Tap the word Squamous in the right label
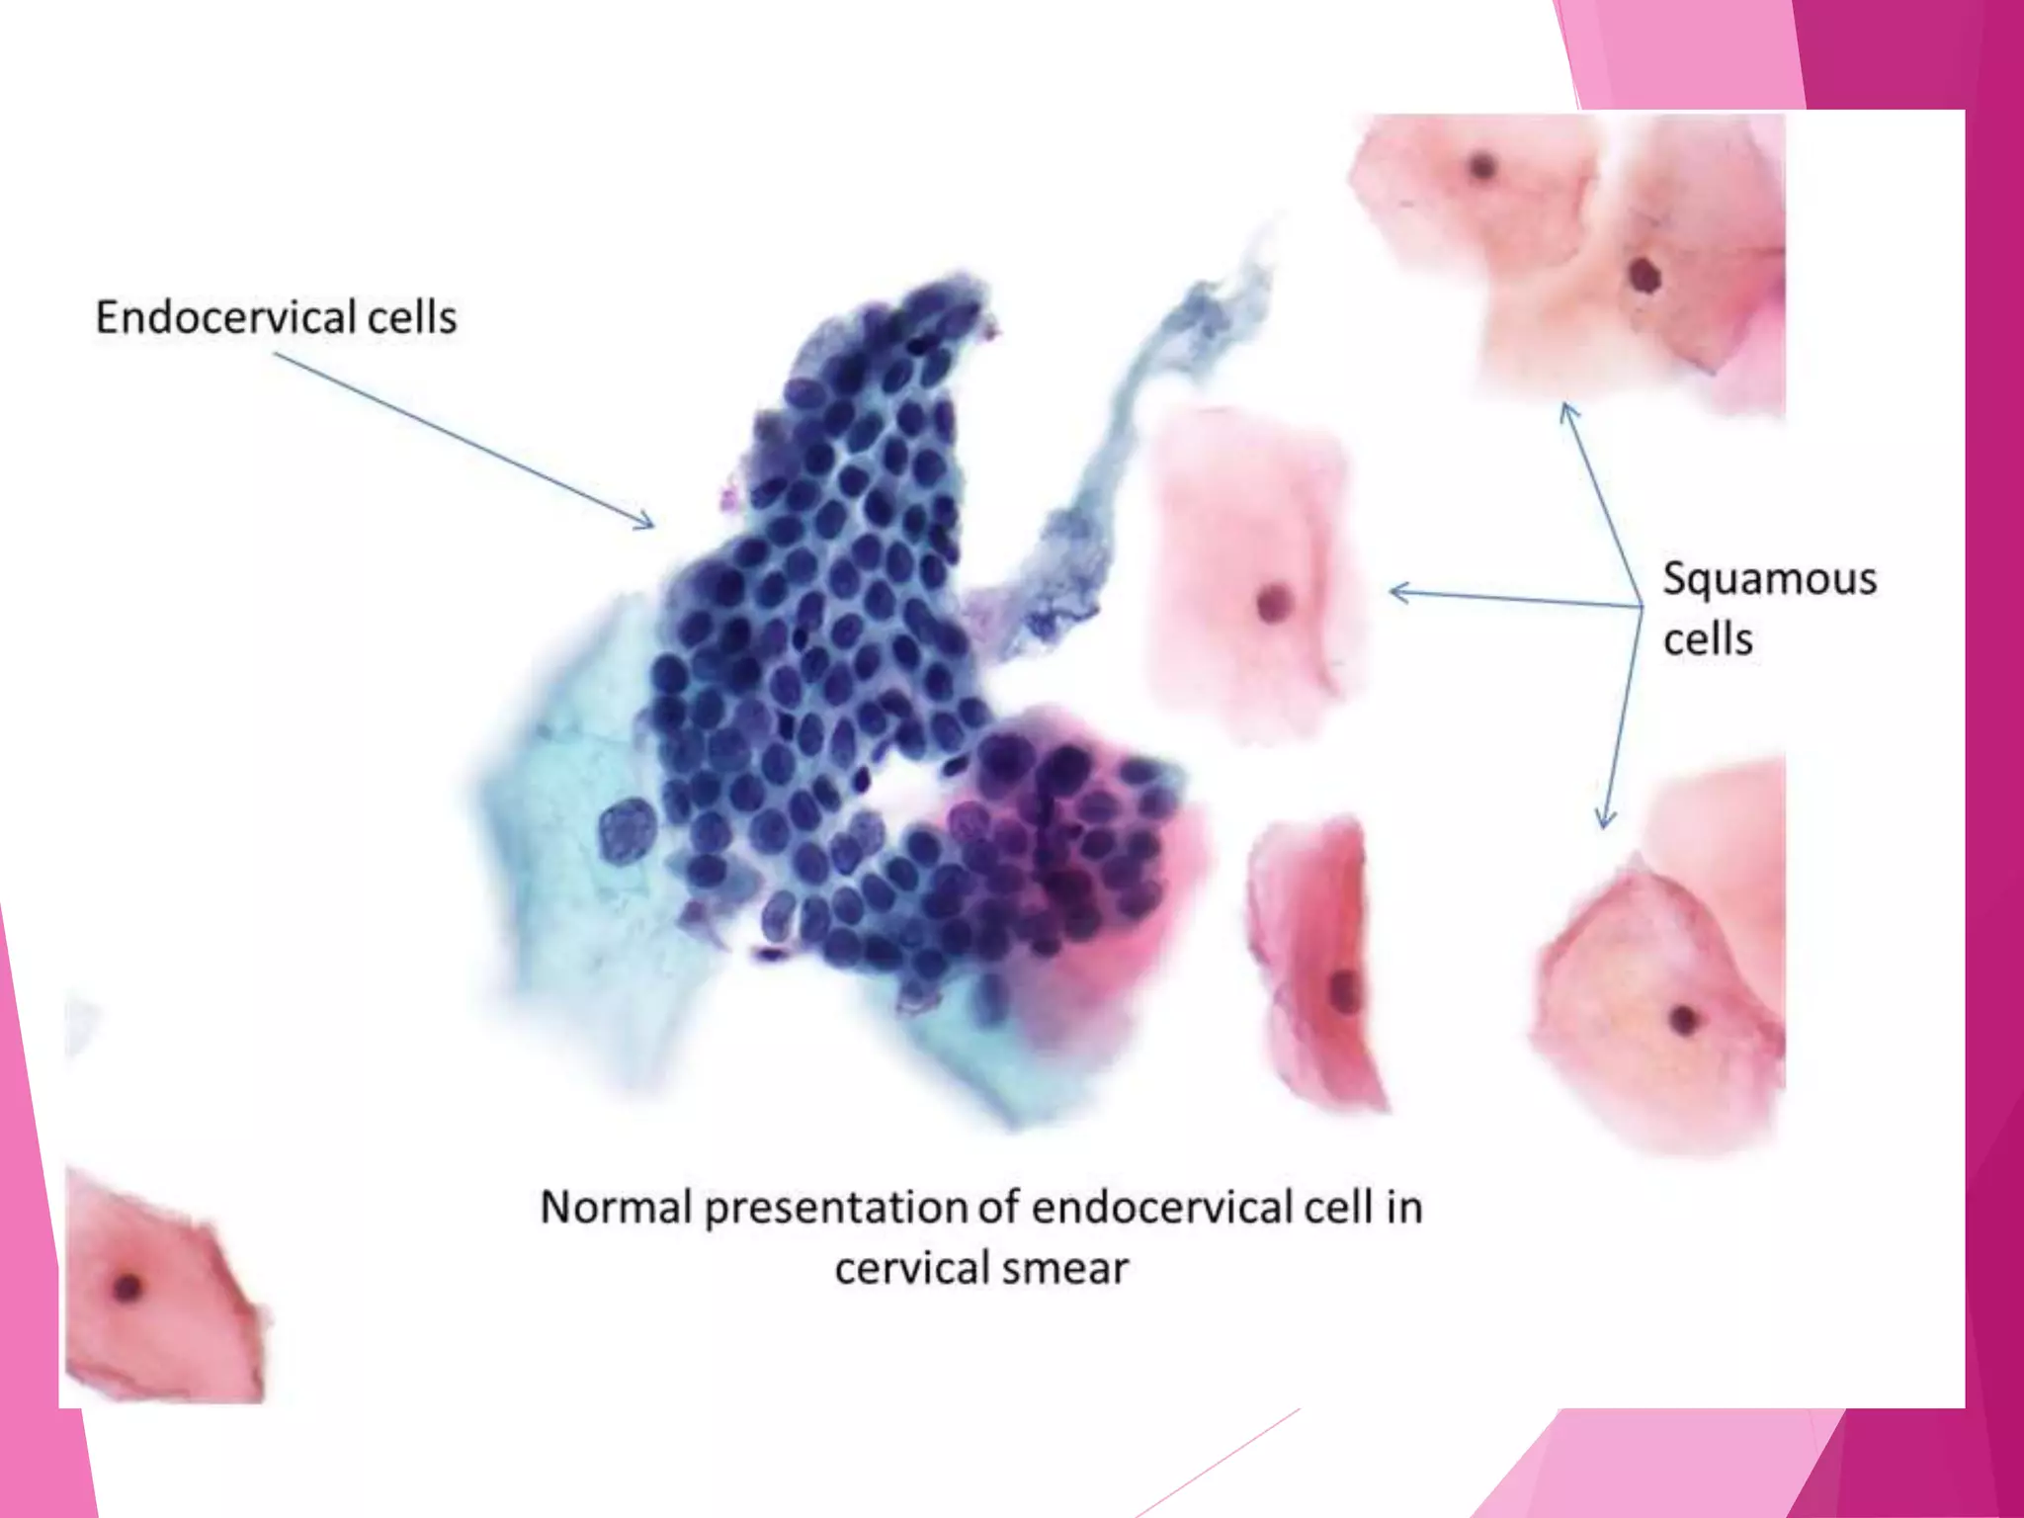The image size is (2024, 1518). (1769, 579)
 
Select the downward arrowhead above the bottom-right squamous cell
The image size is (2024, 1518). (1606, 819)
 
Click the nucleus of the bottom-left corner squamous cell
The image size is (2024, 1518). (127, 1287)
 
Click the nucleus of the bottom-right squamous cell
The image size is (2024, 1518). (1682, 1018)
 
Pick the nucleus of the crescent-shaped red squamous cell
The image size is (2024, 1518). (1343, 988)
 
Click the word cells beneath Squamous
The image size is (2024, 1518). (1708, 639)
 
